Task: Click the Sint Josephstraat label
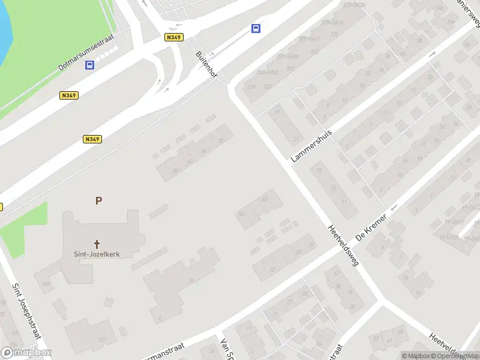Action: click(x=25, y=316)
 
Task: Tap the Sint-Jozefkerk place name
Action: click(x=97, y=254)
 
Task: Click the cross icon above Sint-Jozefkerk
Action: click(x=97, y=244)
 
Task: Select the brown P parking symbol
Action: click(x=98, y=201)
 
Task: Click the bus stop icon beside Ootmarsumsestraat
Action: click(x=90, y=65)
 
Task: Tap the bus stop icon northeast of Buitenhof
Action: click(x=256, y=28)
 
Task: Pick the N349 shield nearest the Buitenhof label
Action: click(x=173, y=37)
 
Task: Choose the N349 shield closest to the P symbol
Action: click(x=92, y=139)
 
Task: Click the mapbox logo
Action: click(x=26, y=353)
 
